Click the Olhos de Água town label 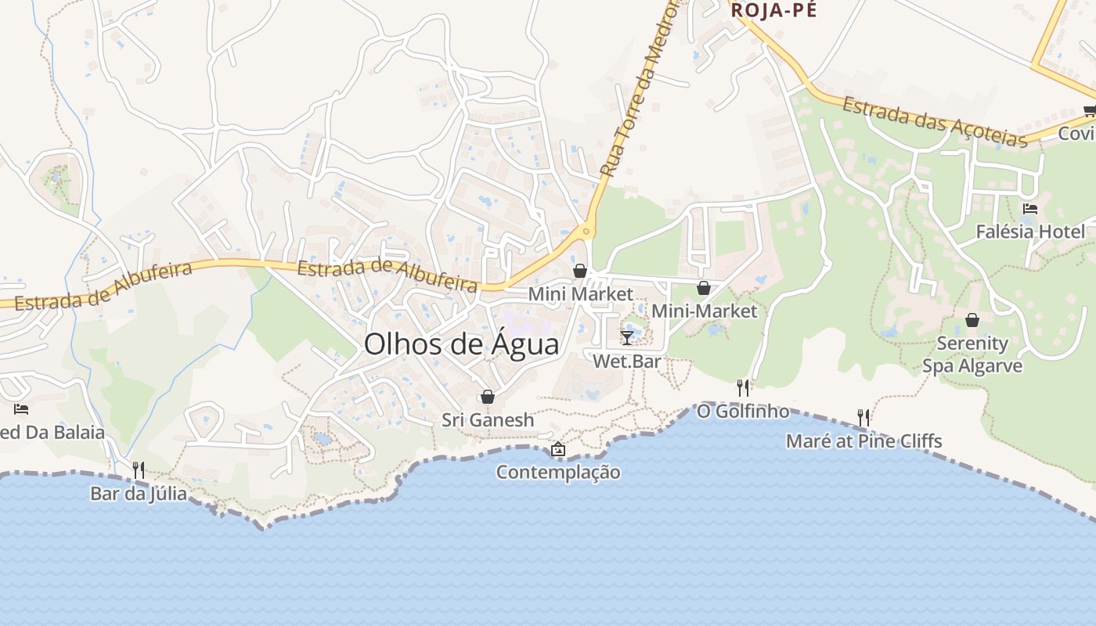point(462,344)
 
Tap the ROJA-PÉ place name point(773,10)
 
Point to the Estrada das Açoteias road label point(933,122)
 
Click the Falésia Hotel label point(1030,232)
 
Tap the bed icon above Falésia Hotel point(1030,209)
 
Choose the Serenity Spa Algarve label point(972,354)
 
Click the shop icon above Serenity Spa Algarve point(972,320)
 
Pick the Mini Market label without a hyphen point(580,294)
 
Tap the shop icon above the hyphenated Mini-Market point(704,288)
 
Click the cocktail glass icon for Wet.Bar point(627,337)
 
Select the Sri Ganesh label point(488,420)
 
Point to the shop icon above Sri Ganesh point(488,397)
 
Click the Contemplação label point(558,473)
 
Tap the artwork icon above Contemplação point(558,449)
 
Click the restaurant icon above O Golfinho point(743,387)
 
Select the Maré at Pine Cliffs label point(863,441)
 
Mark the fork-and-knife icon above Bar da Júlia point(139,469)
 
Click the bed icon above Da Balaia point(21,408)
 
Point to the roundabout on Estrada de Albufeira point(585,231)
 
